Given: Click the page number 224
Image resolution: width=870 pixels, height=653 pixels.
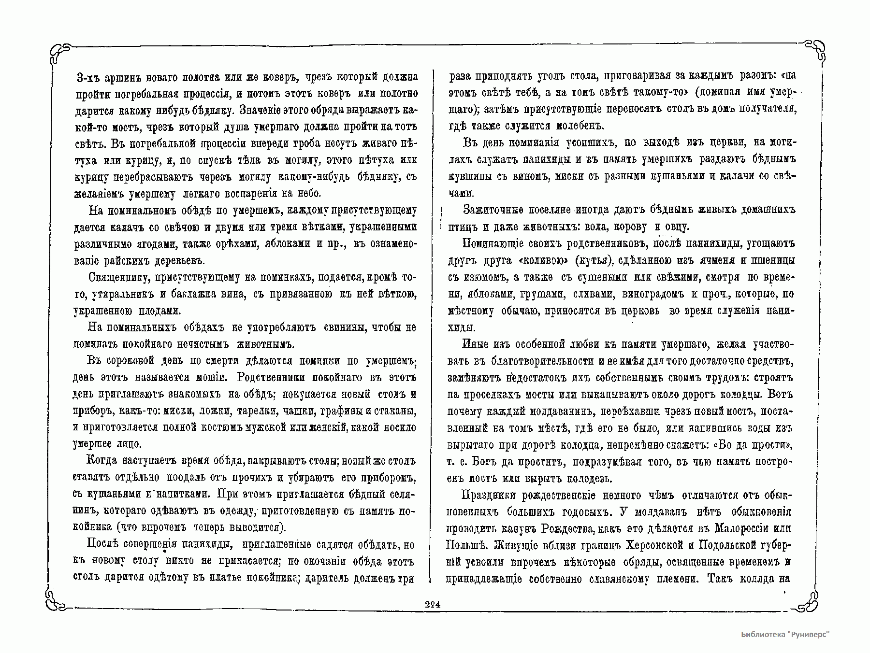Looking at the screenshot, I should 432,604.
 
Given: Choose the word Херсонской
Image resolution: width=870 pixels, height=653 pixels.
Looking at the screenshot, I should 652,545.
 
